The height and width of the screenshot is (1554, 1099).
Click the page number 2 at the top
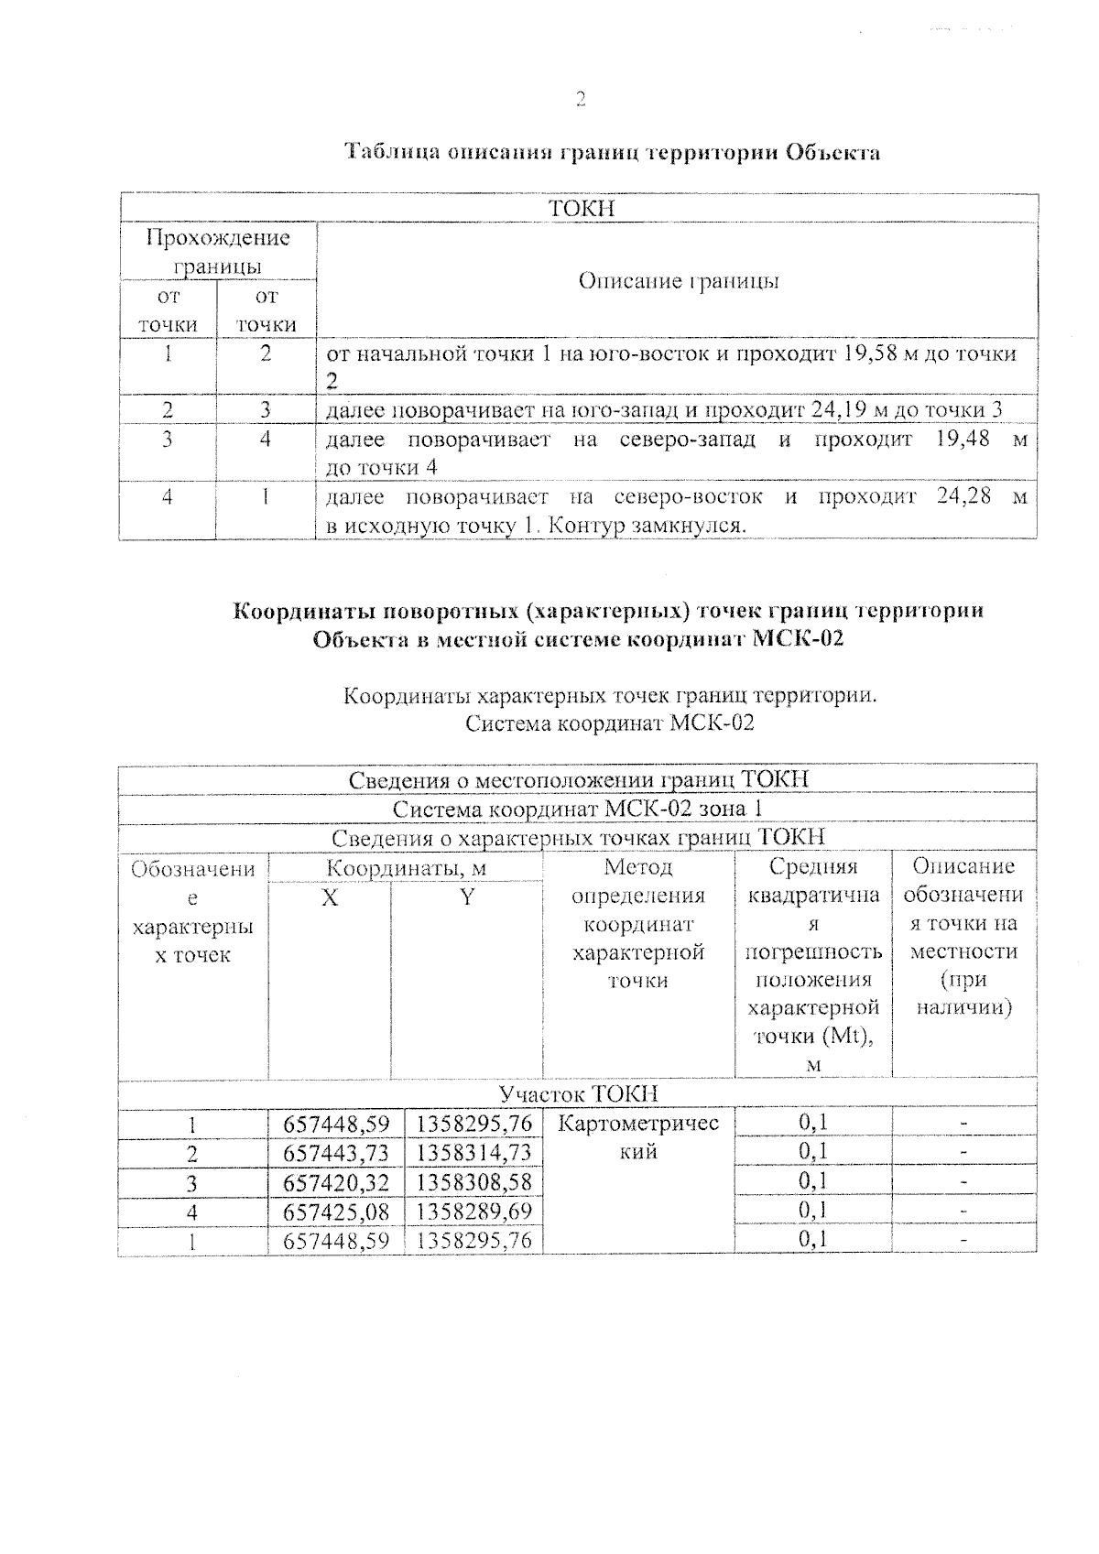(x=580, y=100)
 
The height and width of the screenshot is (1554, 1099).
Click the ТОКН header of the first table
(x=581, y=209)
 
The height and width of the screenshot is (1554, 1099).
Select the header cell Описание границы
(x=678, y=281)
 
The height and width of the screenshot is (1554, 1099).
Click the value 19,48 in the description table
(x=963, y=440)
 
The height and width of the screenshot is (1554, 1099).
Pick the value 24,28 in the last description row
(x=963, y=497)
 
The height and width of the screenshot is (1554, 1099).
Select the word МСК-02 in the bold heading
(x=797, y=639)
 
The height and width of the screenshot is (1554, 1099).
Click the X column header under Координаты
(x=330, y=898)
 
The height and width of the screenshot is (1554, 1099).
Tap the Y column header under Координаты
(x=467, y=898)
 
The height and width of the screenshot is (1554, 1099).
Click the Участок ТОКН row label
(x=578, y=1094)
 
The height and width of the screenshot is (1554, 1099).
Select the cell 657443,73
(x=336, y=1153)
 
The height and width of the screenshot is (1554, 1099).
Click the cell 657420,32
(x=336, y=1183)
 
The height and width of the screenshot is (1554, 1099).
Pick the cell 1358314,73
(x=473, y=1153)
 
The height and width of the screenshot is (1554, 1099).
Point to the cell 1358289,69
(x=473, y=1212)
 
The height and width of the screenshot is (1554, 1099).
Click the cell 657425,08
(x=336, y=1212)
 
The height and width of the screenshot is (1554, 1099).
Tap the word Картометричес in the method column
(x=638, y=1124)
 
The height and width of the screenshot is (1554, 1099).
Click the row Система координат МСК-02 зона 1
(x=578, y=810)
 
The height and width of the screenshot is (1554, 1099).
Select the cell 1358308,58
(x=473, y=1183)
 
